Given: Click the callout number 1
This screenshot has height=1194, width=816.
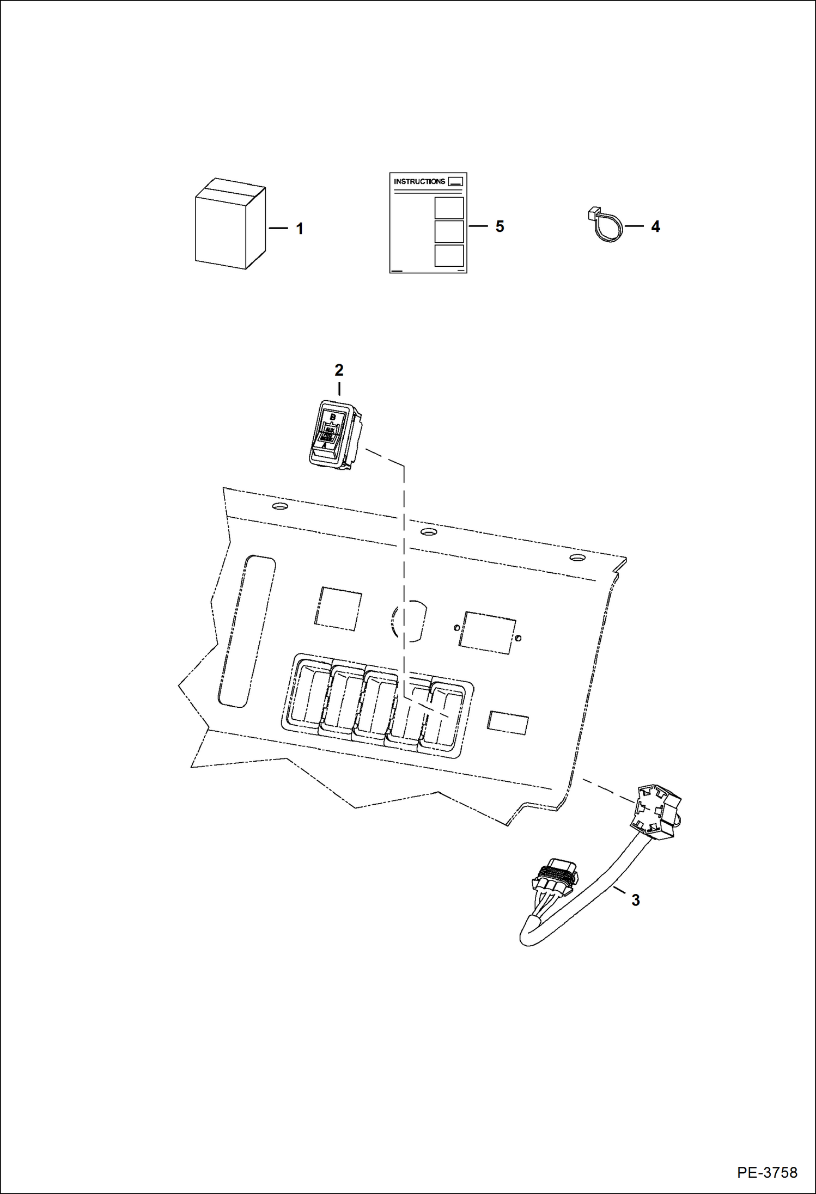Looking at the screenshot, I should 299,229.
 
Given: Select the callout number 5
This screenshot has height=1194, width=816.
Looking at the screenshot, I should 500,226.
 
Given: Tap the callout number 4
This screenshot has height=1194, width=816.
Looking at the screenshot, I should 655,226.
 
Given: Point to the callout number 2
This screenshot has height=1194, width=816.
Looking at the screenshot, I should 339,370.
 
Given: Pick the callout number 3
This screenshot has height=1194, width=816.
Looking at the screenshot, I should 635,901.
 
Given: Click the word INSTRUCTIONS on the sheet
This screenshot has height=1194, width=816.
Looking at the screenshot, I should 419,181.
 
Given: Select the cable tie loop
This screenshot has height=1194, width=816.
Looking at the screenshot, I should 605,226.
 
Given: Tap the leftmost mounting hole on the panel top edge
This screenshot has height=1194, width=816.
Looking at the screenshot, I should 279,506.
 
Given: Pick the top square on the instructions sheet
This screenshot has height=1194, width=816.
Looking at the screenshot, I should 449,208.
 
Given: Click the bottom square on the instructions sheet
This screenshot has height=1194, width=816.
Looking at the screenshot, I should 449,255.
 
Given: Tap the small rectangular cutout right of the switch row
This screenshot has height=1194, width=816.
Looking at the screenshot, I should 507,722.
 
